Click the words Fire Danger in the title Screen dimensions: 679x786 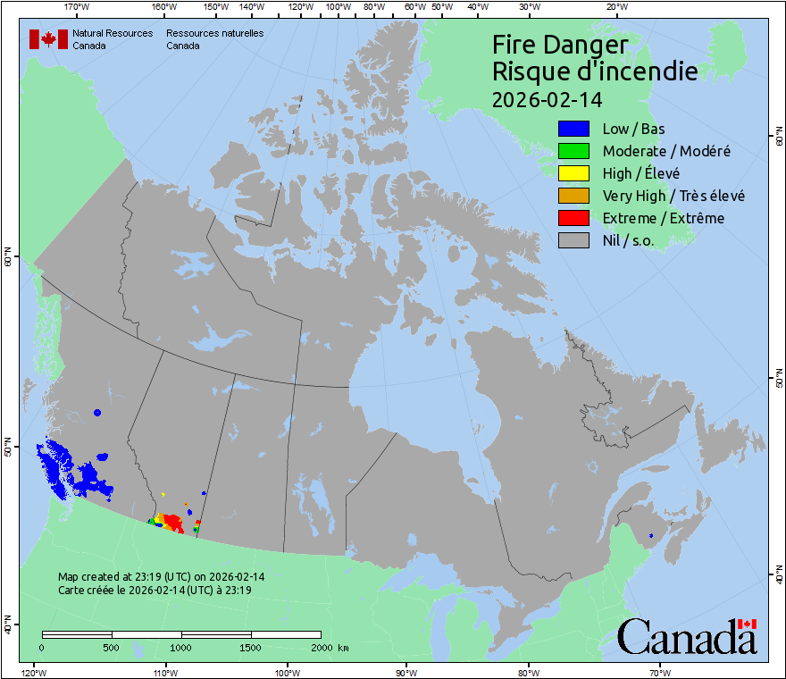[x=560, y=46]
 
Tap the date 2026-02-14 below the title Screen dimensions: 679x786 [x=547, y=100]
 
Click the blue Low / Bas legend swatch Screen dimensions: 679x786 [x=573, y=130]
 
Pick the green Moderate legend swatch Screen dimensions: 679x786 [x=573, y=151]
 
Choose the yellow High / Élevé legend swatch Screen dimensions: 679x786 [x=573, y=173]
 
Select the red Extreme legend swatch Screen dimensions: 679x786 [x=573, y=218]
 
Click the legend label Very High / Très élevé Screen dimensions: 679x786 [x=673, y=196]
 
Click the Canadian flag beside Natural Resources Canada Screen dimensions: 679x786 [x=48, y=39]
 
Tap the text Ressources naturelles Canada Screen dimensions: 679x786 [x=214, y=39]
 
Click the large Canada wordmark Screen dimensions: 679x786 [x=686, y=636]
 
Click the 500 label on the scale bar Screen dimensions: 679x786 [x=112, y=647]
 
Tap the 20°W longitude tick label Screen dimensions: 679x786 [x=615, y=7]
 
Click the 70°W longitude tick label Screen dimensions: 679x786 [x=659, y=672]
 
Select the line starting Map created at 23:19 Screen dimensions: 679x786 [x=161, y=577]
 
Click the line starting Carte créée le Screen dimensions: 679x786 [x=155, y=590]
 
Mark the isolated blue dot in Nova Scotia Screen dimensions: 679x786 [x=651, y=535]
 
